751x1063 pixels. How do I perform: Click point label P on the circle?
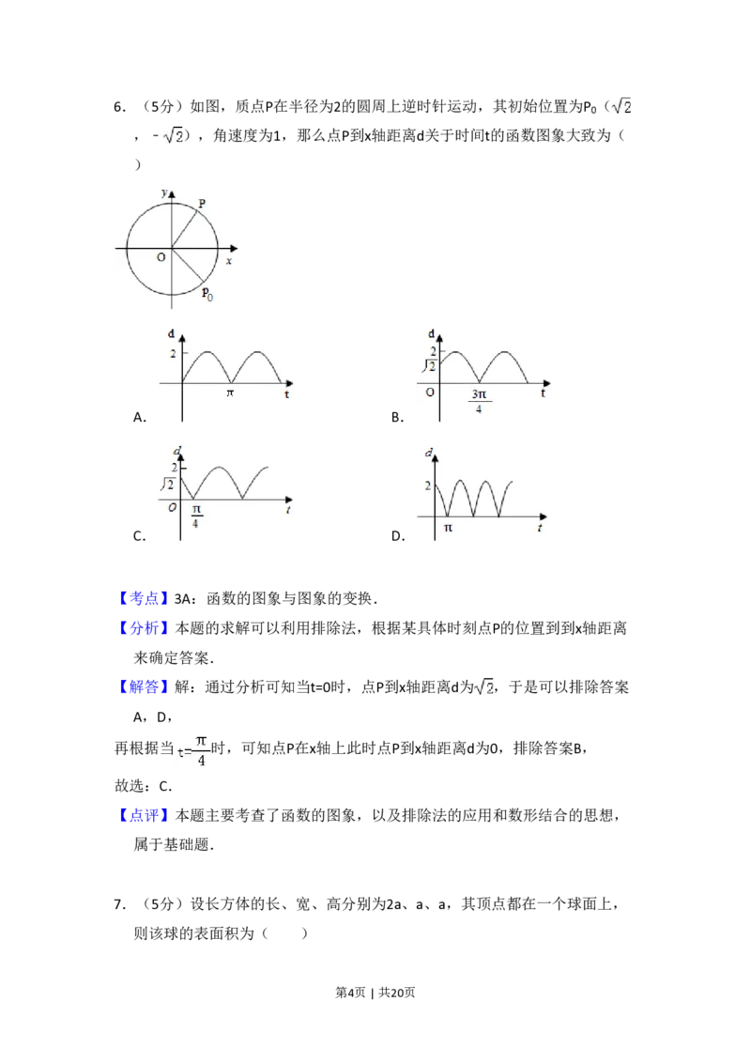pos(202,203)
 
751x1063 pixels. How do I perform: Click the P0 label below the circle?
pos(207,294)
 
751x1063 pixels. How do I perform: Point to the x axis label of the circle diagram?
pos(228,260)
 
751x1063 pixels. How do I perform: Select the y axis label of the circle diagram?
pos(164,192)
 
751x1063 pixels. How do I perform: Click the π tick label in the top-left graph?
pos(230,393)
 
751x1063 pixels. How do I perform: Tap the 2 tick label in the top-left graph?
pos(173,353)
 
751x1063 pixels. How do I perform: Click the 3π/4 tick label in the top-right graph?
pos(479,401)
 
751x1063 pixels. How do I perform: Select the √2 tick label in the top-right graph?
pos(428,365)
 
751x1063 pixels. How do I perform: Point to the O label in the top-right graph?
pos(430,391)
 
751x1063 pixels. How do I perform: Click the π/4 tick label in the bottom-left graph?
pos(195,516)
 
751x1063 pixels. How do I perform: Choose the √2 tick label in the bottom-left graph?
pos(169,485)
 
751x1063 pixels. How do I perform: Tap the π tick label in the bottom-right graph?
pos(448,528)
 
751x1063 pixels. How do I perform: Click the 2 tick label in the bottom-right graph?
pos(428,485)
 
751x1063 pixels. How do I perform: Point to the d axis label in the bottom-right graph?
pos(429,454)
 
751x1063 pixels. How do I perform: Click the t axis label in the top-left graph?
pos(286,395)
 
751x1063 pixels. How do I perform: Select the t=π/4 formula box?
pos(195,751)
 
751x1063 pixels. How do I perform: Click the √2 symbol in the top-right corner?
pos(620,106)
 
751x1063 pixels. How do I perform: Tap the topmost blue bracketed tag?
pos(146,598)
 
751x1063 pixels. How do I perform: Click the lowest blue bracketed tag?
pos(146,815)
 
